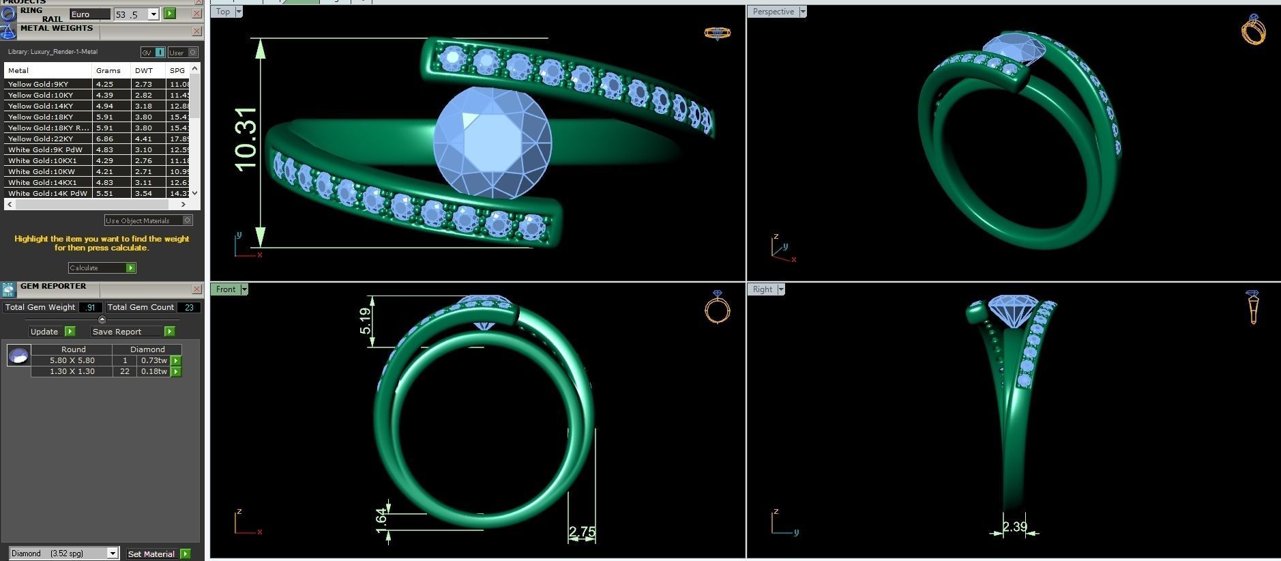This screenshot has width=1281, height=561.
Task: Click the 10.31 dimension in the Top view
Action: point(246,139)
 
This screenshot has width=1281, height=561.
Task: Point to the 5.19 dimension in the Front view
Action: point(366,321)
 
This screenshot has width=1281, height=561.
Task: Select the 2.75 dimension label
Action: point(582,532)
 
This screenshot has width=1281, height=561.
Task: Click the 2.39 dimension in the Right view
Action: point(1014,526)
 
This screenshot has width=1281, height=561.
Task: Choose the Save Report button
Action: point(133,332)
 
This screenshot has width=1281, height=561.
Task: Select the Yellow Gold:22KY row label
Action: point(41,139)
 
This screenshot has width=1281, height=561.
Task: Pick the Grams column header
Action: point(108,70)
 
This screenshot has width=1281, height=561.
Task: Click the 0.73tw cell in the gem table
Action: point(153,360)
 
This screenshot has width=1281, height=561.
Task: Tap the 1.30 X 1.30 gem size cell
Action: point(72,371)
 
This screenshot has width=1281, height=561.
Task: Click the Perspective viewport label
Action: point(774,12)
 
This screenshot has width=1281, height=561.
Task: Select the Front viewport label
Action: point(226,289)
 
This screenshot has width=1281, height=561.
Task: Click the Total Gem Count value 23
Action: point(189,307)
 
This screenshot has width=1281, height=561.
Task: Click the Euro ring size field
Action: point(89,14)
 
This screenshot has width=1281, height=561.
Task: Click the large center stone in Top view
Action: point(492,142)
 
